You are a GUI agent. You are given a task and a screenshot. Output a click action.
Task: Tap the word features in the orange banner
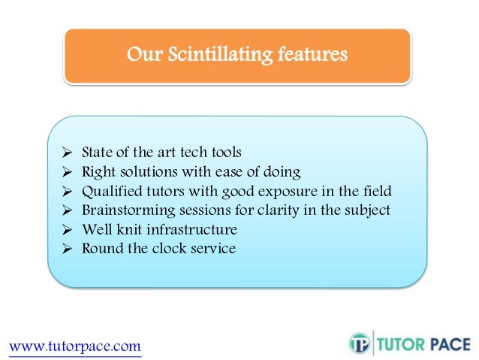click(312, 55)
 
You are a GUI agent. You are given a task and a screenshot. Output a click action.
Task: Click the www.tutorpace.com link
click(74, 346)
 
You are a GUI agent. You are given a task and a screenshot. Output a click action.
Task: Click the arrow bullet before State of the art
click(65, 152)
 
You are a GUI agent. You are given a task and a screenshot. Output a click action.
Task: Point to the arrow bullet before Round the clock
click(65, 249)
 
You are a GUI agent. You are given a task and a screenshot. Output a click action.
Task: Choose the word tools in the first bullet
click(224, 152)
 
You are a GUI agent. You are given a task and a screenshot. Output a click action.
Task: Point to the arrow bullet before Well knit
click(65, 229)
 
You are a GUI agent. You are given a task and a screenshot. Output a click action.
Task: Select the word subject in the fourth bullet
click(366, 210)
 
